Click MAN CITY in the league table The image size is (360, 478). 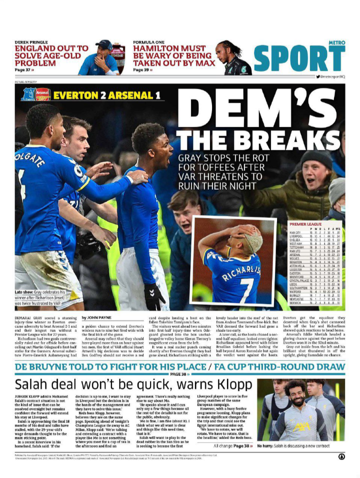coord(295,233)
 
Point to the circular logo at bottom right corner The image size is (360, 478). coord(341,456)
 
